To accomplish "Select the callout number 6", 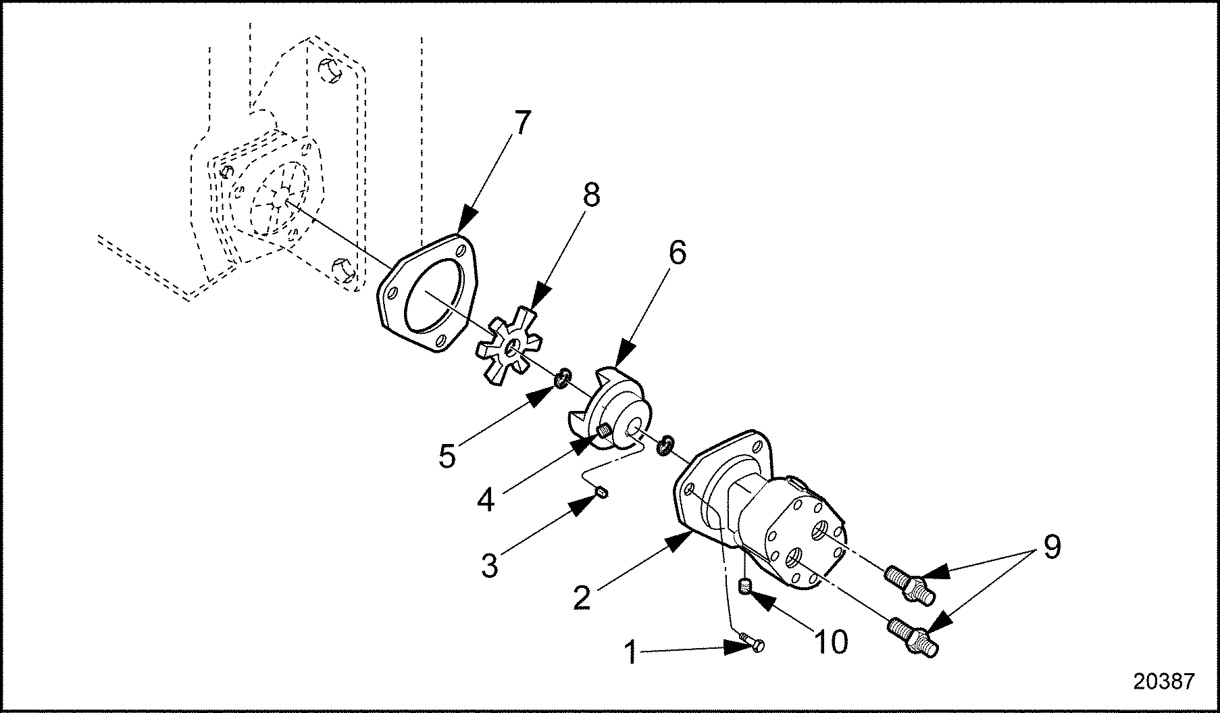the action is [x=676, y=253].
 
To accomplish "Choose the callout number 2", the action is [x=582, y=597].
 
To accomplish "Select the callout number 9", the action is [x=1052, y=546].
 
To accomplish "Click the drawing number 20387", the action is [x=1163, y=681].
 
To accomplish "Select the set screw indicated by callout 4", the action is [x=605, y=429].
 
